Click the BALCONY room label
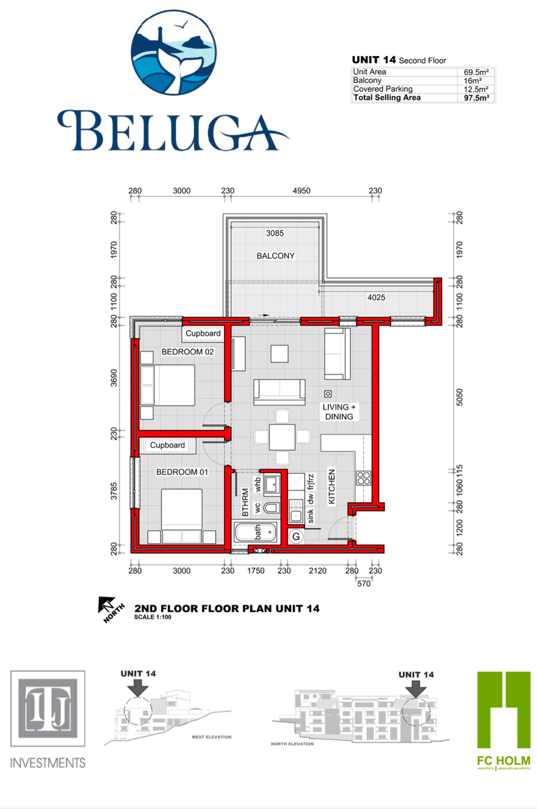275,256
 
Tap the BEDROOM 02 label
187,352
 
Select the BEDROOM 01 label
182,472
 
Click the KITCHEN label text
331,486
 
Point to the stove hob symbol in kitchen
363,477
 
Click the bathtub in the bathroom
255,533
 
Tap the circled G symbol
296,537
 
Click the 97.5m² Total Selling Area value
476,98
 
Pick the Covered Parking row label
383,89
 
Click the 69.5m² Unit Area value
476,72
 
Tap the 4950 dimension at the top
302,190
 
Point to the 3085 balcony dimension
275,233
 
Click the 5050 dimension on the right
459,397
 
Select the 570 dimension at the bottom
364,583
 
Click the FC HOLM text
503,760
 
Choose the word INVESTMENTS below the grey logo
48,763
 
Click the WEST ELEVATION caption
211,737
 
